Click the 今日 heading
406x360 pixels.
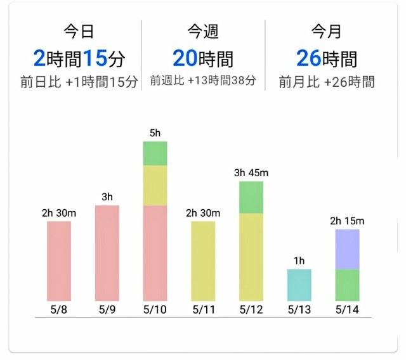pyautogui.click(x=79, y=30)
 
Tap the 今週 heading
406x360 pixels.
pyautogui.click(x=202, y=30)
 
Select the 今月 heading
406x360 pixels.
pyautogui.click(x=326, y=30)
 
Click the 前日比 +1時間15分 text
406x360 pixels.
pyautogui.click(x=79, y=82)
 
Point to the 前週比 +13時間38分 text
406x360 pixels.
pyautogui.click(x=203, y=81)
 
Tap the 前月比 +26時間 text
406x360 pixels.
pyautogui.click(x=327, y=82)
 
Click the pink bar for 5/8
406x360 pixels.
pyautogui.click(x=59, y=260)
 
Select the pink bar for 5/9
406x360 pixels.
pyautogui.click(x=107, y=253)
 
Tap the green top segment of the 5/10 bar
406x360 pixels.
pyautogui.click(x=155, y=153)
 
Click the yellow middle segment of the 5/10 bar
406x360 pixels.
pyautogui.click(x=155, y=185)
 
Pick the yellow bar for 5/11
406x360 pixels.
pyautogui.click(x=203, y=260)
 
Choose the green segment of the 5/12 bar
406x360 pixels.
pyautogui.click(x=251, y=197)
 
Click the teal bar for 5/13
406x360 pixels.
pyautogui.click(x=299, y=285)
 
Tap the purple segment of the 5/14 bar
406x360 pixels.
pyautogui.click(x=347, y=249)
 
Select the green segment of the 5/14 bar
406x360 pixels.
pyautogui.click(x=347, y=285)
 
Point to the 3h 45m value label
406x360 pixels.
pyautogui.click(x=251, y=173)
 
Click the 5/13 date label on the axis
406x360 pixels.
pyautogui.click(x=299, y=310)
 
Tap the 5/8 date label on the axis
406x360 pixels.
pyautogui.click(x=59, y=310)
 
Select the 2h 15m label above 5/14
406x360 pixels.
pyautogui.click(x=347, y=221)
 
